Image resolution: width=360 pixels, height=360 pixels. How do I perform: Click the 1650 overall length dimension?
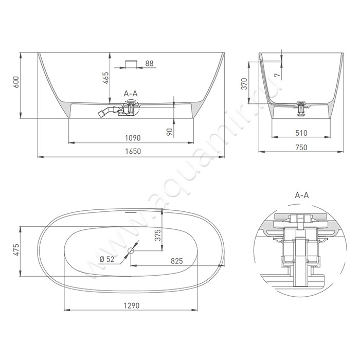(x=133, y=151)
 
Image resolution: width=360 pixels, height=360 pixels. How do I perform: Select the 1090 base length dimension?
(x=133, y=138)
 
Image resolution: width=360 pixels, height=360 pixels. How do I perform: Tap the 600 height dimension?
(x=16, y=82)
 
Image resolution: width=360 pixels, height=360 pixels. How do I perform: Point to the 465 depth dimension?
(x=105, y=78)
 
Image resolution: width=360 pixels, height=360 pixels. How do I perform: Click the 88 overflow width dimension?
(x=149, y=63)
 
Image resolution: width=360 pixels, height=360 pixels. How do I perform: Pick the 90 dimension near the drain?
(x=169, y=132)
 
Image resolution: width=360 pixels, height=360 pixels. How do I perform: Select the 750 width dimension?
(x=301, y=147)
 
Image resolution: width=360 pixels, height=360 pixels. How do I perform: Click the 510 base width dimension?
(x=301, y=133)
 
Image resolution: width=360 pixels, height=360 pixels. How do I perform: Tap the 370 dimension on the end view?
(x=245, y=84)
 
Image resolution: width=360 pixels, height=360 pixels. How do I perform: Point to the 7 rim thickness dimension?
(x=277, y=75)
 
